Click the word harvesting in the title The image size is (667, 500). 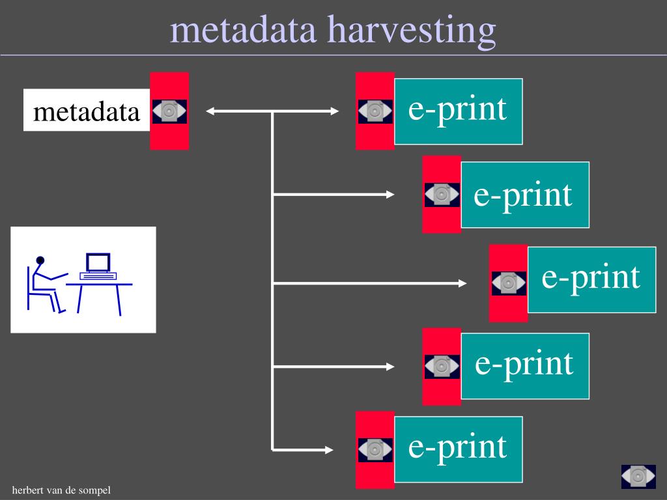(x=411, y=30)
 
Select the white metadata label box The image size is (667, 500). (x=87, y=111)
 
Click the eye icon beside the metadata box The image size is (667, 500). (x=169, y=111)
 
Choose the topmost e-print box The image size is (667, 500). (x=458, y=111)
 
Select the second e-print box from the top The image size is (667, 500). (x=524, y=195)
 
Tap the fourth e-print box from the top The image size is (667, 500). (x=524, y=365)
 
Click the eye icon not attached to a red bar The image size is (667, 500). (x=638, y=476)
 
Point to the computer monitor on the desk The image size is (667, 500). (x=98, y=262)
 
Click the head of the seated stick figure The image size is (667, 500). (x=40, y=260)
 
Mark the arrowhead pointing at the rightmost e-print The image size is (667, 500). (x=462, y=283)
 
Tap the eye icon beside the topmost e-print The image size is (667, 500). (x=375, y=111)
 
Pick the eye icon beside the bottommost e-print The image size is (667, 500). (x=375, y=450)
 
